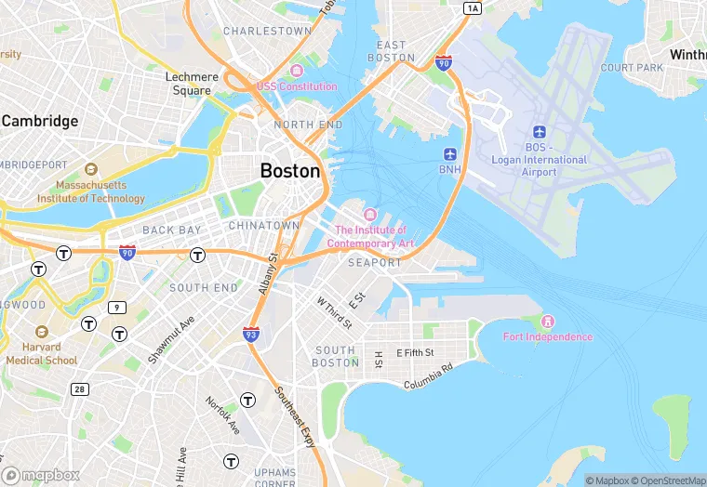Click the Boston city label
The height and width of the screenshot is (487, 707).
click(290, 171)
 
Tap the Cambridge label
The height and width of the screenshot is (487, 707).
click(40, 121)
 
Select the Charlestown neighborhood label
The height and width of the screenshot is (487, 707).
click(267, 31)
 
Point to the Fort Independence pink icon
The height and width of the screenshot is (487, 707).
click(547, 321)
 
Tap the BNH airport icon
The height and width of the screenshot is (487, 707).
click(451, 153)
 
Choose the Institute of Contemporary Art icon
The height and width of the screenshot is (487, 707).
click(370, 216)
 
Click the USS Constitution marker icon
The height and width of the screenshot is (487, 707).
click(297, 72)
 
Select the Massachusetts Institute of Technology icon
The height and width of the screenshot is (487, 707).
click(91, 169)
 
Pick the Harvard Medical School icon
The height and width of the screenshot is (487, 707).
click(41, 332)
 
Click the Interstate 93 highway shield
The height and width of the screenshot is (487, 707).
click(251, 333)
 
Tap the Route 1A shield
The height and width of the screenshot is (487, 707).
click(473, 8)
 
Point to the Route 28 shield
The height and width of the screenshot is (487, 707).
click(80, 388)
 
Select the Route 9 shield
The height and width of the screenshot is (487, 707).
click(117, 308)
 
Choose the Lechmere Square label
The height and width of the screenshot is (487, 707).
click(189, 84)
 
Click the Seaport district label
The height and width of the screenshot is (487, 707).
click(374, 263)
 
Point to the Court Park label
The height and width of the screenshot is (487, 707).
click(632, 68)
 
